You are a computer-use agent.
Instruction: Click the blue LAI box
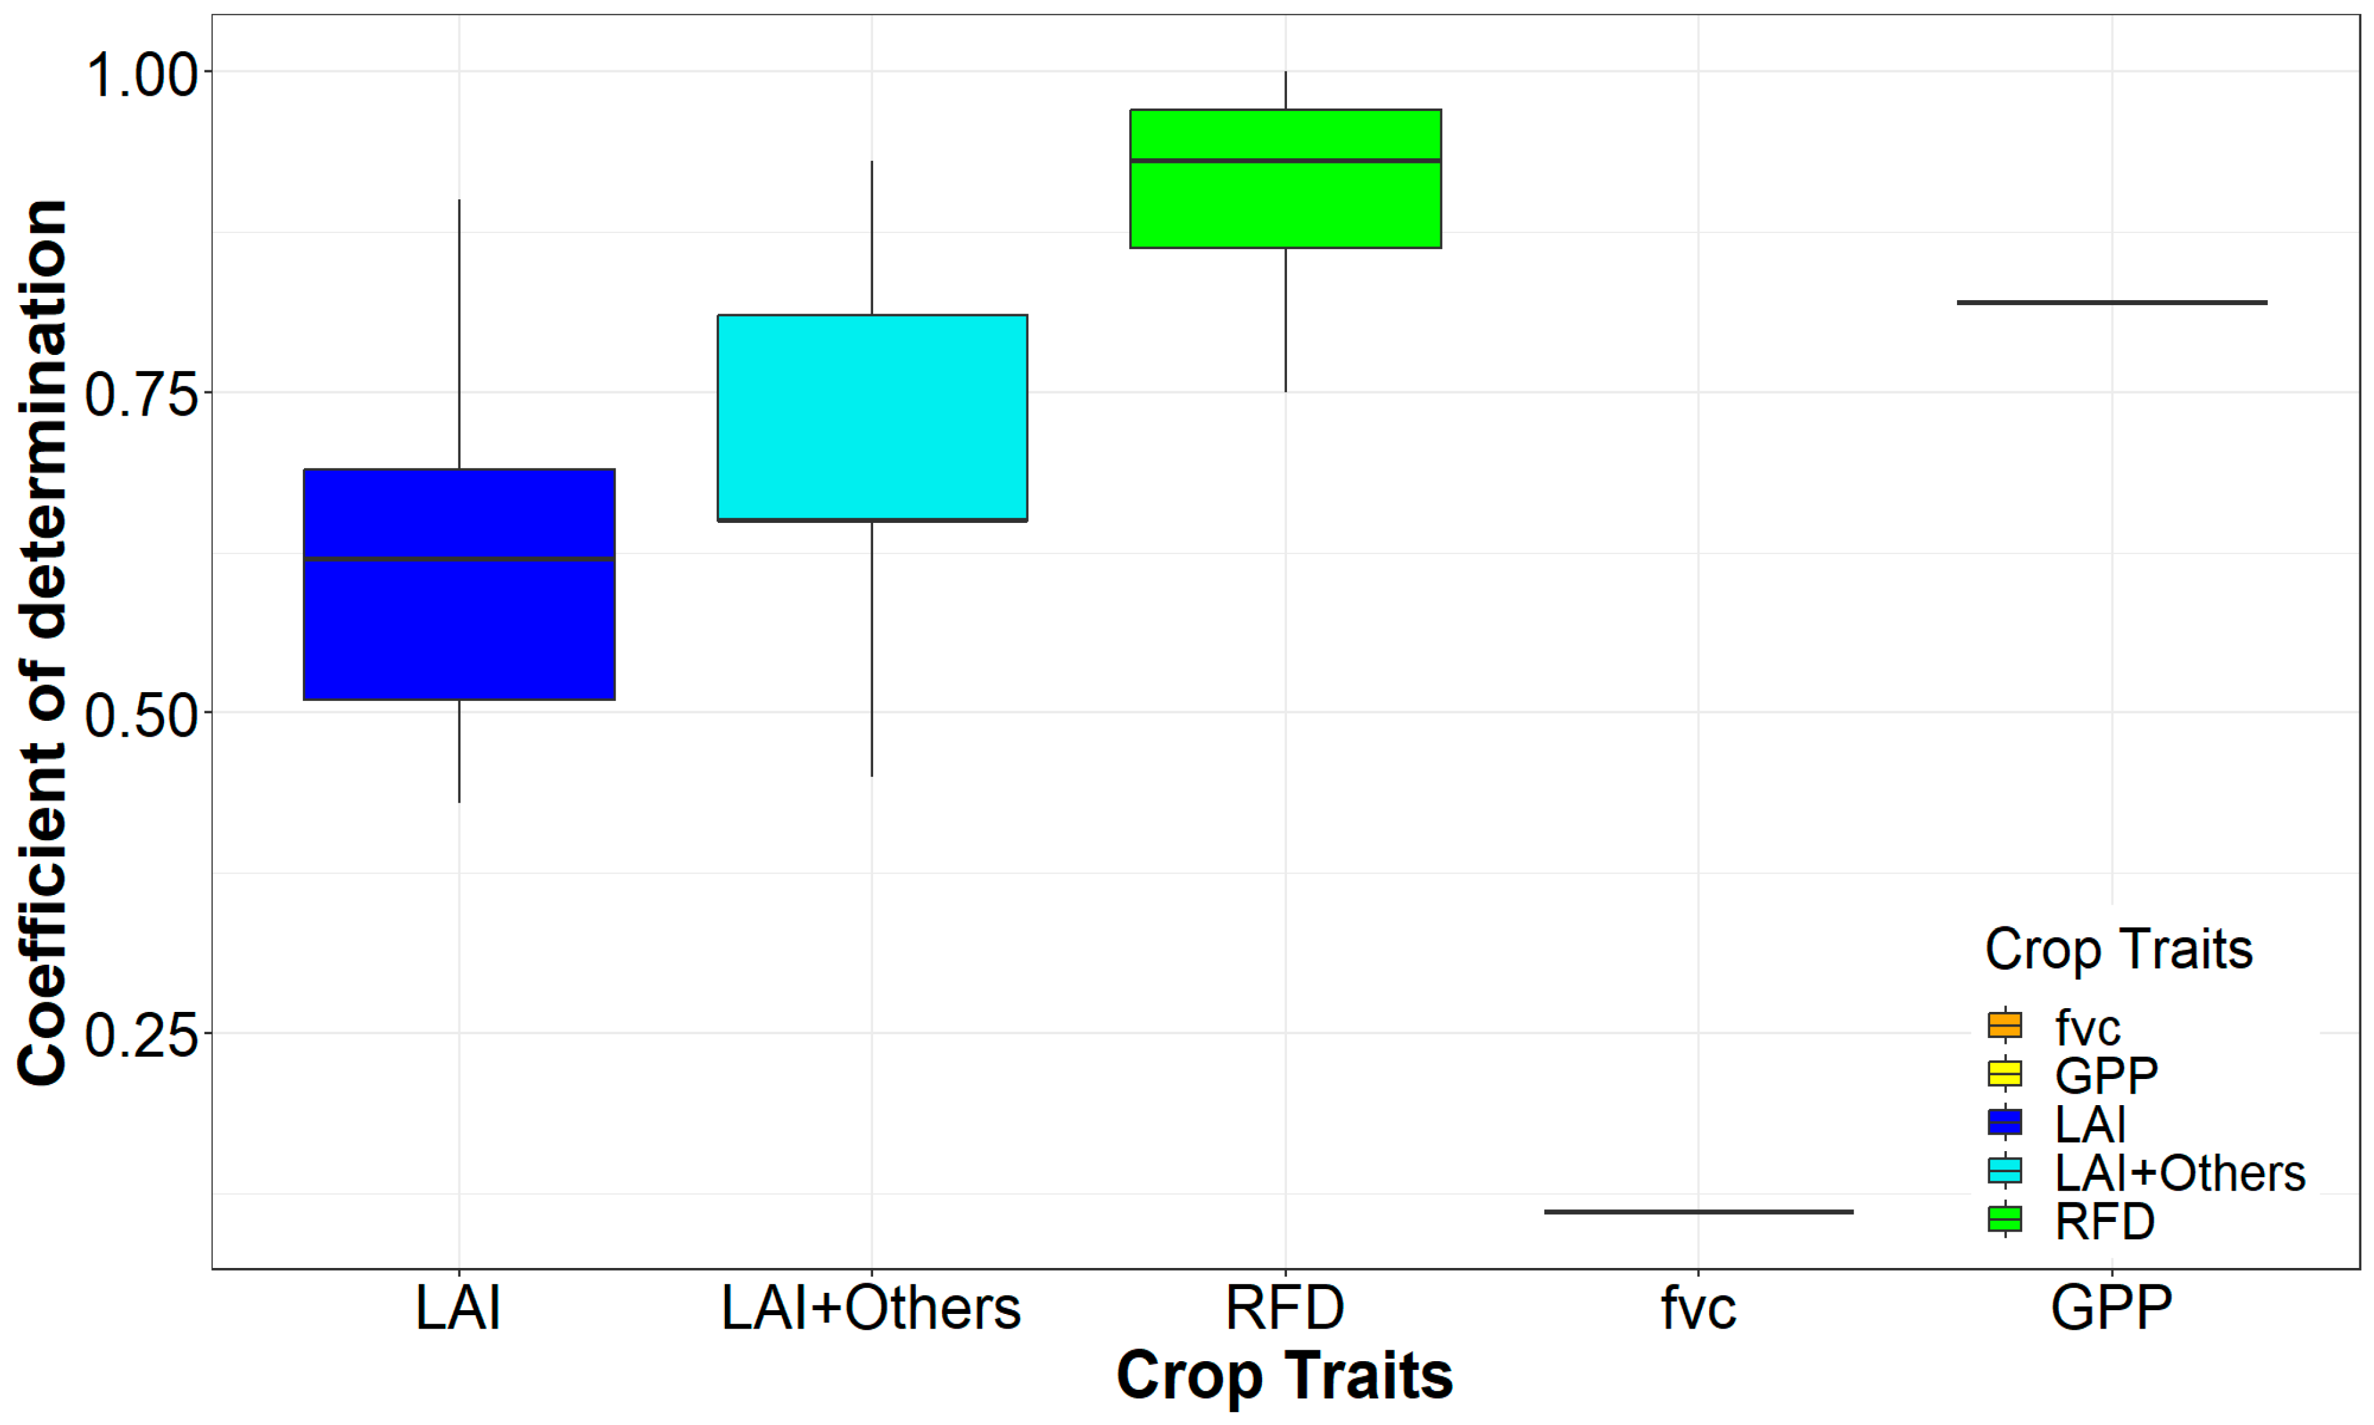tap(459, 624)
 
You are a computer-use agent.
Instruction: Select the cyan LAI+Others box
tap(872, 418)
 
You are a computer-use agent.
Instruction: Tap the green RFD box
tap(1285, 206)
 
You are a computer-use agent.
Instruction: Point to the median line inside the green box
tap(1285, 160)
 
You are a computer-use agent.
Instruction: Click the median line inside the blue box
tap(459, 558)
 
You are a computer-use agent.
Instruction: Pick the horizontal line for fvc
tap(1698, 1212)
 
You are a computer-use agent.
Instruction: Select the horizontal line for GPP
tap(2112, 303)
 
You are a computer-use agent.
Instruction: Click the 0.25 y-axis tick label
tap(142, 1035)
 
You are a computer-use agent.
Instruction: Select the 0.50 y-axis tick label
tap(142, 714)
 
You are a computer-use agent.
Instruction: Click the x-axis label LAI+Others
tap(871, 1308)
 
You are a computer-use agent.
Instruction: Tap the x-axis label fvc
tap(1698, 1308)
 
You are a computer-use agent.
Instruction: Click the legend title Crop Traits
tap(2119, 949)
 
